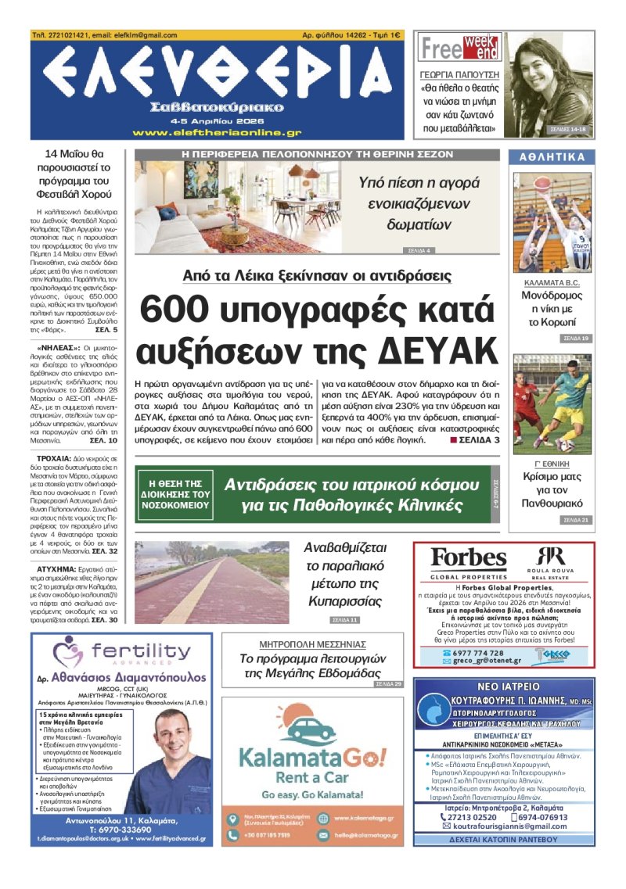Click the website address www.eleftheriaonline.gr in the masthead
pyautogui.click(x=217, y=133)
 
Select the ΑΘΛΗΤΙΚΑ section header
pyautogui.click(x=552, y=157)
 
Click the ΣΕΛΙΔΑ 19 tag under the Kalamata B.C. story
pyautogui.click(x=575, y=339)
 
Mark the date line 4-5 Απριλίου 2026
pyautogui.click(x=216, y=120)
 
